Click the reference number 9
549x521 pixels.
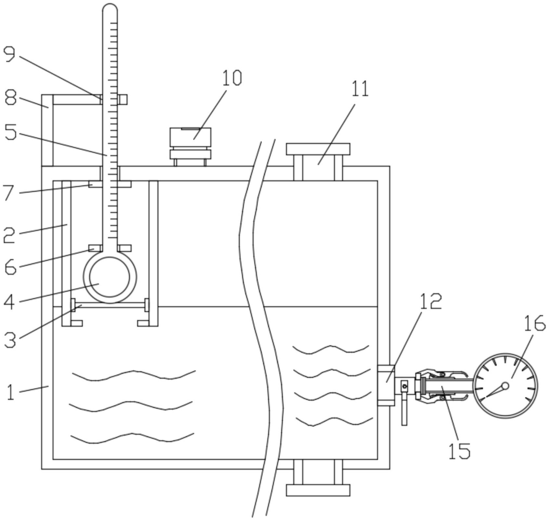[x=9, y=55]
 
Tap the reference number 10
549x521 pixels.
[x=232, y=78]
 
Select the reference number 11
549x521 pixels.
[x=359, y=89]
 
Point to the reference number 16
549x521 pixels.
[x=534, y=324]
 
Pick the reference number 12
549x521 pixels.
[x=431, y=301]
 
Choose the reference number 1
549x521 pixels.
[x=10, y=392]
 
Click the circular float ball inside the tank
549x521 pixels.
[x=110, y=277]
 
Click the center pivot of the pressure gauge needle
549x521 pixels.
[x=505, y=386]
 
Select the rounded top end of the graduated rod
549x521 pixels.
[x=110, y=8]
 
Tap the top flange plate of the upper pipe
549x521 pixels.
[x=318, y=149]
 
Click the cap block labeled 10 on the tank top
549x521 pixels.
[x=190, y=137]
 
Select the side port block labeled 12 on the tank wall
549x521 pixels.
[x=386, y=386]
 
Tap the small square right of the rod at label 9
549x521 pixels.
[x=123, y=99]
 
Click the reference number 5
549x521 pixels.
[x=10, y=132]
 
